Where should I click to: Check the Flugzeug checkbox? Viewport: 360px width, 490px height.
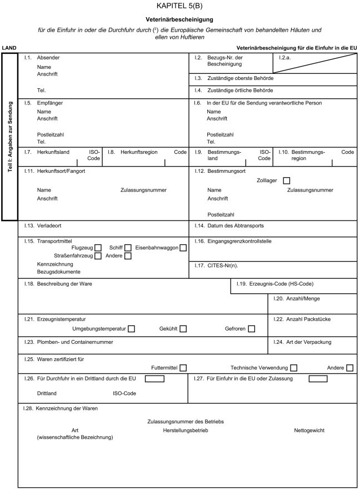[x=98, y=248]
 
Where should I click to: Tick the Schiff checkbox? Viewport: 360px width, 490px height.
[x=128, y=248]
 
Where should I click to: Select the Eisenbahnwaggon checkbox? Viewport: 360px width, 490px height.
[x=183, y=248]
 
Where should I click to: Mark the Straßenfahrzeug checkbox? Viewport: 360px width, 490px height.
[x=98, y=256]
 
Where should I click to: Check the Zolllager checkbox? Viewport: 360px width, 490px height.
[x=287, y=181]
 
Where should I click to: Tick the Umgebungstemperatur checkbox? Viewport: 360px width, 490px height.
[x=131, y=329]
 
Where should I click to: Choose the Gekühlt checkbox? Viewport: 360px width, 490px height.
[x=183, y=329]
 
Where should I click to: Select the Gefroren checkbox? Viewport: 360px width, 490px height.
[x=252, y=329]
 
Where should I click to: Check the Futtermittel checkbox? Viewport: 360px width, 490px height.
[x=183, y=368]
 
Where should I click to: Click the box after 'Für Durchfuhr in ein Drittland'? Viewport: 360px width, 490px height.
[x=154, y=379]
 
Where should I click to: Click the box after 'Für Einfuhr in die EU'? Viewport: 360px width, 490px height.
[x=318, y=379]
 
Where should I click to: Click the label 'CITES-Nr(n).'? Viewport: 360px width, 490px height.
[x=226, y=265]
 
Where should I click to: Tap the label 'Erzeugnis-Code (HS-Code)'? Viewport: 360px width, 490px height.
[x=282, y=284]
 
